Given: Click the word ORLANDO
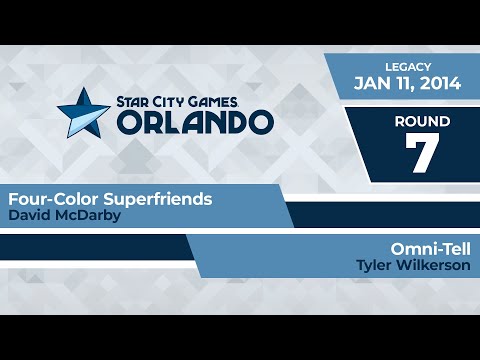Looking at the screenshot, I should (196, 121).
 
